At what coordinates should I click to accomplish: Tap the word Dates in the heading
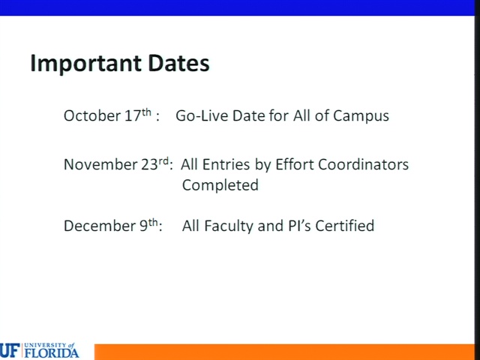178,63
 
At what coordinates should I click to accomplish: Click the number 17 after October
133,115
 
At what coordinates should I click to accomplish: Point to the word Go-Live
202,115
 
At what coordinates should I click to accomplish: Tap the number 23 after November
149,165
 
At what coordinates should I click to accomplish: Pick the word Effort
295,164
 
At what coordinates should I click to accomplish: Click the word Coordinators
363,165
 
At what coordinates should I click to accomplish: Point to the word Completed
220,186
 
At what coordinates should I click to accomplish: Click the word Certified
345,226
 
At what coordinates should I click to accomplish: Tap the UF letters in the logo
10,351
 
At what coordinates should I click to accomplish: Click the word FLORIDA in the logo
52,353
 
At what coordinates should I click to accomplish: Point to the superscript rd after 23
163,161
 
